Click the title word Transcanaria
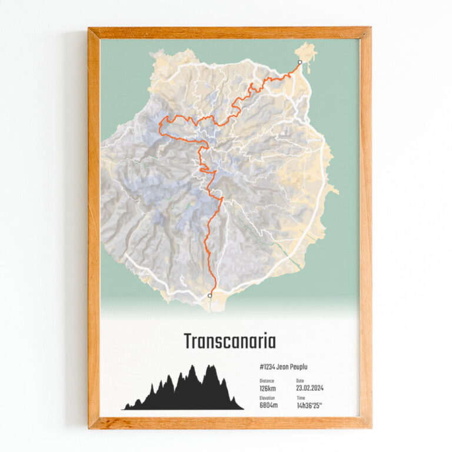[229, 341]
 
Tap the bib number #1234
[268, 367]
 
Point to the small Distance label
[266, 381]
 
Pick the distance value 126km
[268, 388]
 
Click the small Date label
[300, 381]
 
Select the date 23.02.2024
[310, 388]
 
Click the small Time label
[301, 398]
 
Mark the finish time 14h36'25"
[310, 406]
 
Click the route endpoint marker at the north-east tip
[300, 62]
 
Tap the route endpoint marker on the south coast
[210, 295]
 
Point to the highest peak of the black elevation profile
[192, 367]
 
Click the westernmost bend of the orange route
[161, 123]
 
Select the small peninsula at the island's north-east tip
[306, 52]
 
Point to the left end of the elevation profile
[124, 408]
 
